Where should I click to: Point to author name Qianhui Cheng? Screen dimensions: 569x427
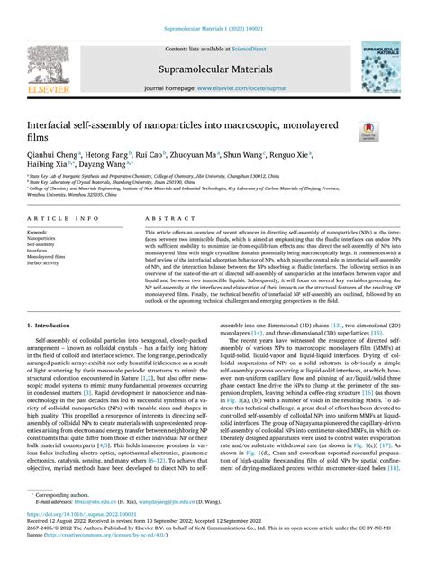pyautogui.click(x=51, y=154)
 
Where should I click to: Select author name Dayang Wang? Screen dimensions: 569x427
pyautogui.click(x=104, y=167)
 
